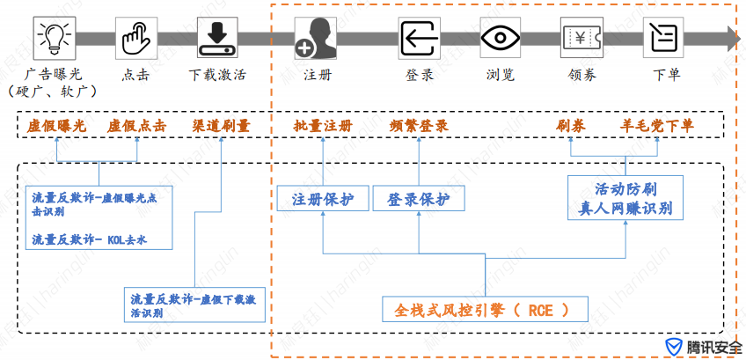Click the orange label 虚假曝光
56,126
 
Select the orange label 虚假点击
136,126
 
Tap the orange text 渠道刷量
221,126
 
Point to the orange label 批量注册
323,126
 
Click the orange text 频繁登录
419,126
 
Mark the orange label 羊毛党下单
657,126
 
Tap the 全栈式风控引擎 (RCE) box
486,310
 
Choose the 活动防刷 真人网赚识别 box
625,198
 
